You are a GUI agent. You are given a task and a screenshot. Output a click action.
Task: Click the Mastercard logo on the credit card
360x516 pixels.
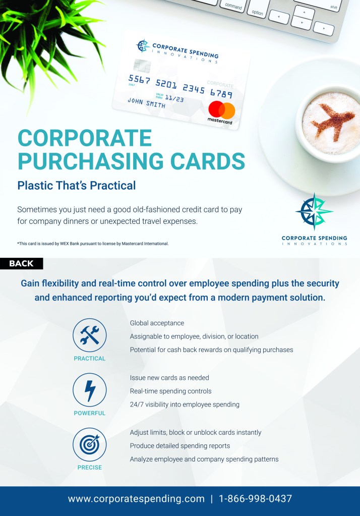(x=221, y=112)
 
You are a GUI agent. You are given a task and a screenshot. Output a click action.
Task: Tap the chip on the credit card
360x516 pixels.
(x=142, y=66)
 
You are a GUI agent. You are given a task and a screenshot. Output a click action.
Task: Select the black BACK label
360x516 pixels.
(x=21, y=264)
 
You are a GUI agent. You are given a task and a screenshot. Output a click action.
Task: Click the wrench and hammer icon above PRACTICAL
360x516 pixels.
(x=90, y=335)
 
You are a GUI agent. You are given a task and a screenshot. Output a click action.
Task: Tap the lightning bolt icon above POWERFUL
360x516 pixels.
(x=90, y=390)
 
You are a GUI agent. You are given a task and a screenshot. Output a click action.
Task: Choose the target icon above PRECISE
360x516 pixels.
(x=90, y=444)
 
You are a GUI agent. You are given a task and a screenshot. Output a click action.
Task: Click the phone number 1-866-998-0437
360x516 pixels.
(x=255, y=498)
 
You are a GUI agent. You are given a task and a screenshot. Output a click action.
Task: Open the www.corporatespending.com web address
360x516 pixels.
(x=136, y=499)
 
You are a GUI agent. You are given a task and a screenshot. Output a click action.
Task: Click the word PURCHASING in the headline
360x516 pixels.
(x=90, y=161)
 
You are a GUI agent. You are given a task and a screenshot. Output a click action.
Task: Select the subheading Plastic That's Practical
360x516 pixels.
(x=76, y=186)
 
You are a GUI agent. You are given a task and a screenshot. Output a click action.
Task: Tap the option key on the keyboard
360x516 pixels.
(x=257, y=12)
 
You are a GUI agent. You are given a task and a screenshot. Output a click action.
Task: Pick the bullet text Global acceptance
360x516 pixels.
(x=157, y=323)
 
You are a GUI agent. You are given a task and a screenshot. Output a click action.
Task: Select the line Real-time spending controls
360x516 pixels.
(x=170, y=391)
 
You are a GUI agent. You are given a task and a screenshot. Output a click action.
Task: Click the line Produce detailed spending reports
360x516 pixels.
(x=180, y=446)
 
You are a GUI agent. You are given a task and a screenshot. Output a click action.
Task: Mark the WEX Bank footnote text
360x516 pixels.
(x=93, y=244)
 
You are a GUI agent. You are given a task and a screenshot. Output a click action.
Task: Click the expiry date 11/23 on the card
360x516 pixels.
(x=174, y=98)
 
